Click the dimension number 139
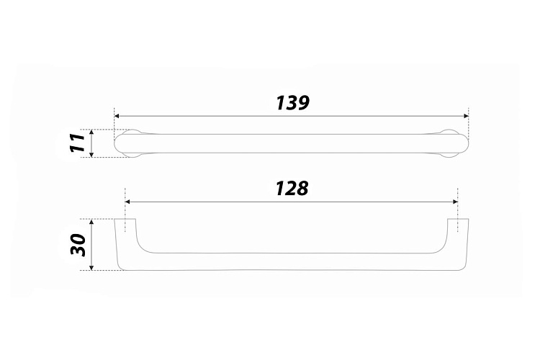coord(293,103)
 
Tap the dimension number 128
coord(292,189)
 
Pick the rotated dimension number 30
coord(77,245)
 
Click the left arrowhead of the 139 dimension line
coord(117,116)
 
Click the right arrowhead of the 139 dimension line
coord(467,116)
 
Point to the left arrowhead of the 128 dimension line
coord(127,202)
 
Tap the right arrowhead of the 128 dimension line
coord(455,202)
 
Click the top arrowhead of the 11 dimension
coord(91,132)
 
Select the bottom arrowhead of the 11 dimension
coord(91,155)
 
